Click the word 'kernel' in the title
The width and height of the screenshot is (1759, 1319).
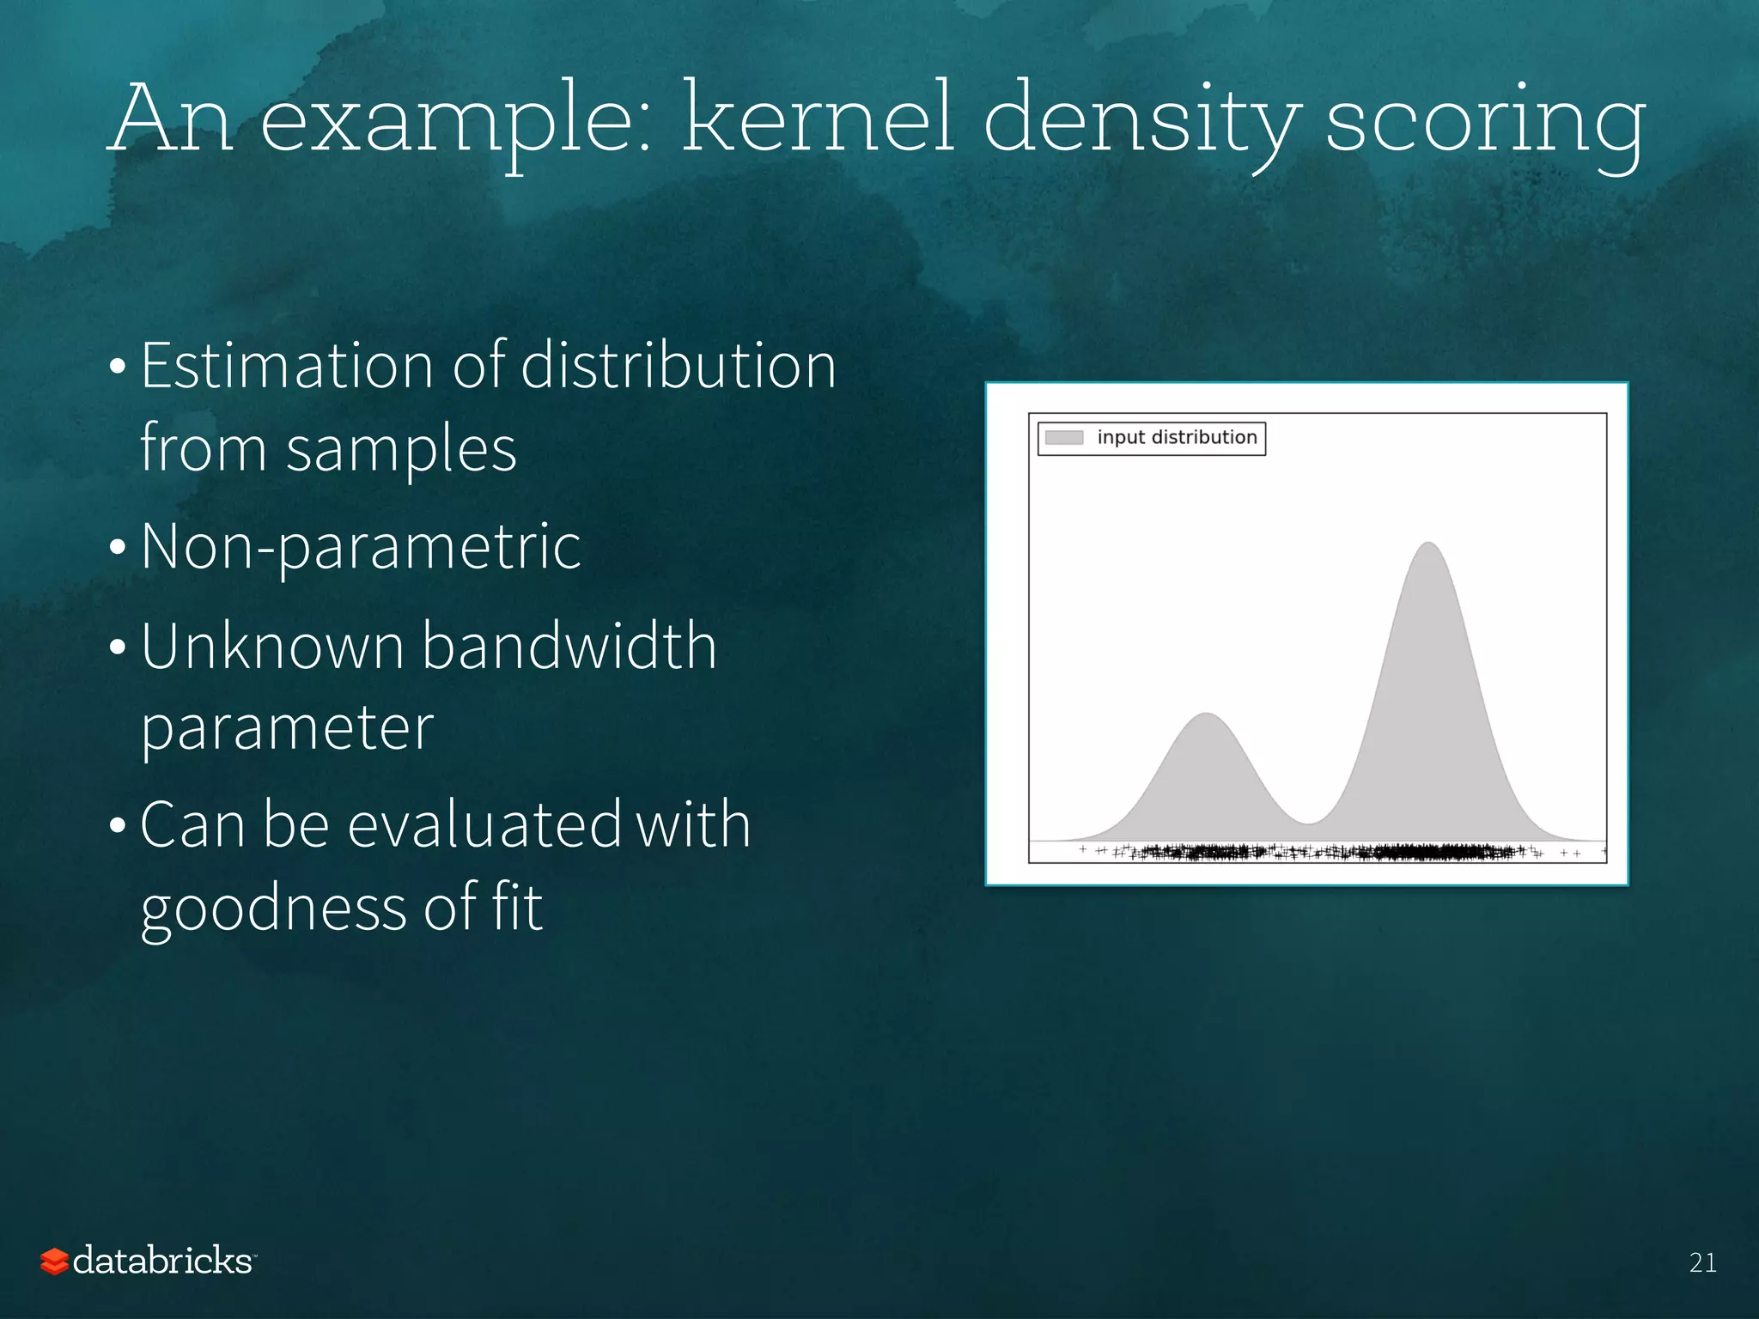coord(818,118)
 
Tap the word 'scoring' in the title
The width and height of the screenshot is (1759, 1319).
coord(1486,120)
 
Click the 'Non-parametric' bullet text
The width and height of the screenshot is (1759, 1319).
coord(361,548)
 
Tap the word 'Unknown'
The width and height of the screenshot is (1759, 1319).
coord(272,646)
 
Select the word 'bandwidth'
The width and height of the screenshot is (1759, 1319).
coord(569,646)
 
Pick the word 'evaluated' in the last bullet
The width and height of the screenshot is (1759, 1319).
coord(484,824)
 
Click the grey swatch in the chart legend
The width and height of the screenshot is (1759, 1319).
coord(1063,438)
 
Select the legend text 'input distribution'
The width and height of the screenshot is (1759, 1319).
coord(1177,438)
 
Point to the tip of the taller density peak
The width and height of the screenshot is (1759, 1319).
coord(1428,544)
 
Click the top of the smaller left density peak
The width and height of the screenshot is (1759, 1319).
coord(1207,714)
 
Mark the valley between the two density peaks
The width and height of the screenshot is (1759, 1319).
coord(1308,823)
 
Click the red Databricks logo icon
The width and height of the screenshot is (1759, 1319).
coord(54,1261)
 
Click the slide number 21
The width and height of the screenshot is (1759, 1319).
coord(1702,1262)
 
